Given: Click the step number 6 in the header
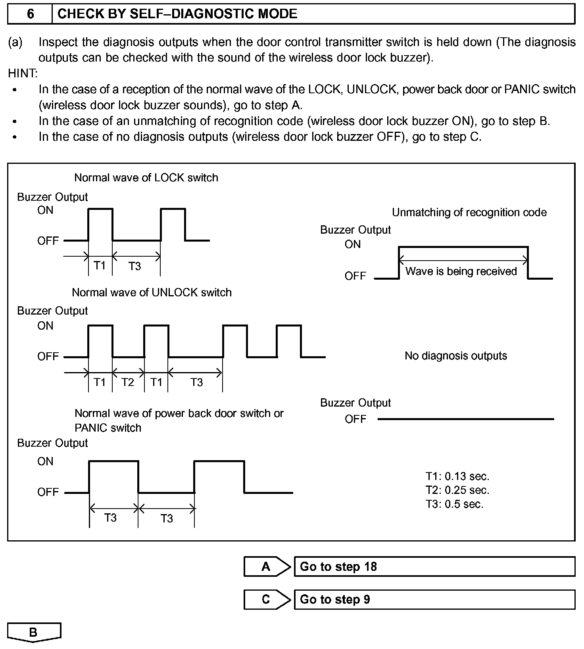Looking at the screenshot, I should [30, 14].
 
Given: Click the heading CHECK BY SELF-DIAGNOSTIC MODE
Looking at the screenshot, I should [177, 14].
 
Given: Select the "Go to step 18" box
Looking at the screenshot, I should [434, 566].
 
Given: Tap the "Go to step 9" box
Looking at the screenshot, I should [434, 599].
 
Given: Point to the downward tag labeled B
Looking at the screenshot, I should [34, 632].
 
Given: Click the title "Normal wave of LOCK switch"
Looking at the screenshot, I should [146, 177].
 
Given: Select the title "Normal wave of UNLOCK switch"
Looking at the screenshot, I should [152, 292].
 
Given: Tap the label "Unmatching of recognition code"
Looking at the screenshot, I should [469, 213].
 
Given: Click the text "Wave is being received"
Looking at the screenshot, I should [461, 271].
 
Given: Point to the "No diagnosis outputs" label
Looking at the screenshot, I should [455, 355].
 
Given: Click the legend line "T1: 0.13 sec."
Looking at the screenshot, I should [457, 476].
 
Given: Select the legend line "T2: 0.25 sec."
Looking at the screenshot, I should [457, 490].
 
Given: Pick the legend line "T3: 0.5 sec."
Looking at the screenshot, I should [454, 504].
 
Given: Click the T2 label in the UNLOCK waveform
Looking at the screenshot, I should [128, 382].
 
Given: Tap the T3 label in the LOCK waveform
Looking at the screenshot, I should [135, 266].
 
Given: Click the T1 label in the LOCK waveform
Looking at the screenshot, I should [100, 265].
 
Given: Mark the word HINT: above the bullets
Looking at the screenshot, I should [23, 73].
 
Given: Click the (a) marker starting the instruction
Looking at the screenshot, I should [15, 42].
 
